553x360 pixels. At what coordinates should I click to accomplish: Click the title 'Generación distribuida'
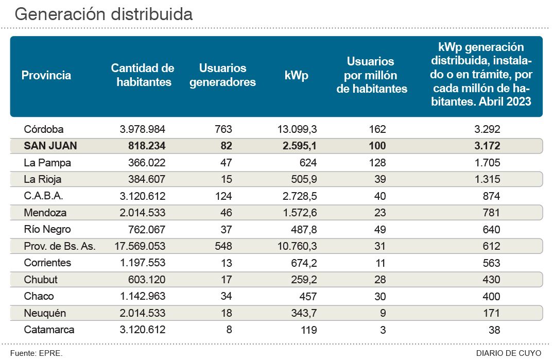coord(103,14)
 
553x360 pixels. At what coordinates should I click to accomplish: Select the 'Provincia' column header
coord(46,75)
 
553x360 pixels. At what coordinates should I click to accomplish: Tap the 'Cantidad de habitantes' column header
coord(143,75)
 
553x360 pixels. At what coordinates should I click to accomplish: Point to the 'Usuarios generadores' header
coord(222,75)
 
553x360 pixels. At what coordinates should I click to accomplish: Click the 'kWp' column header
coord(296,75)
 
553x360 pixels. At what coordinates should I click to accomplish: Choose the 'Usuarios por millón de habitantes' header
coord(371,75)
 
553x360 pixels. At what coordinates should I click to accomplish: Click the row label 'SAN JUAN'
coord(50,146)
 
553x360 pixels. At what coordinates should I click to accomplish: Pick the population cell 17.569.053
coord(140,246)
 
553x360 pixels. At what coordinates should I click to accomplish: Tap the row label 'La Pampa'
coord(47,163)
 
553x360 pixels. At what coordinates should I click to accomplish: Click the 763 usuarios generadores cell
coord(223,129)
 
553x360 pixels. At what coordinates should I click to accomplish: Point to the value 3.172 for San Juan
coord(488,146)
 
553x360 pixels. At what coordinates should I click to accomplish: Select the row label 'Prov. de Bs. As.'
coord(60,246)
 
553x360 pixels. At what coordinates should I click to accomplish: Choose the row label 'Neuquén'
coord(45,313)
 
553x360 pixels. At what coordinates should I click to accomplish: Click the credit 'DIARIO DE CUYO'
coord(508,353)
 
